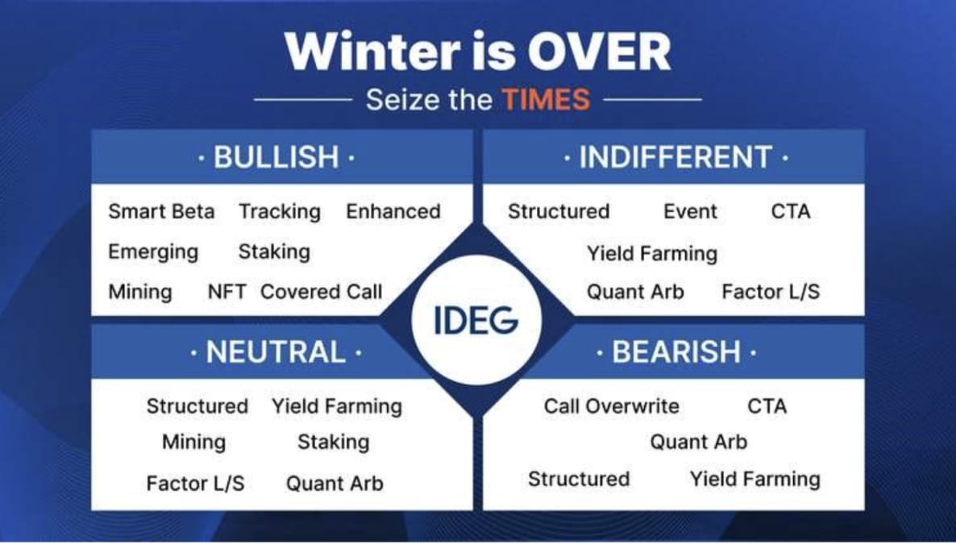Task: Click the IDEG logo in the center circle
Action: pos(476,321)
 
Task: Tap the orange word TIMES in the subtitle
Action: pos(546,100)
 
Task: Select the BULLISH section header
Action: pos(276,157)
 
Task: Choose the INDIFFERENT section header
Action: pos(675,157)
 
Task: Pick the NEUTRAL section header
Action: pos(276,352)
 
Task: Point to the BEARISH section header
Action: pos(675,352)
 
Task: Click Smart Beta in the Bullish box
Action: pos(161,212)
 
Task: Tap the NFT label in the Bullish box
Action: pos(227,292)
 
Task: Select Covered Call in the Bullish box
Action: pos(321,292)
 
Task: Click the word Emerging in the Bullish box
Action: pos(153,251)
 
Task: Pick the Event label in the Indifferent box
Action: pos(690,212)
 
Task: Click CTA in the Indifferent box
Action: pos(790,212)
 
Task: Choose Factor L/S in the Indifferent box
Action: pos(771,292)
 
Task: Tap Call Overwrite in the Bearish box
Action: pos(611,406)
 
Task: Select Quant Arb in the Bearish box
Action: pos(698,442)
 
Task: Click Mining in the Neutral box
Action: pos(193,442)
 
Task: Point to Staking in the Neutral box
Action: pos(333,442)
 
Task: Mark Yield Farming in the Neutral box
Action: pos(336,406)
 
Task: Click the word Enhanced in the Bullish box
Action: pos(393,212)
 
